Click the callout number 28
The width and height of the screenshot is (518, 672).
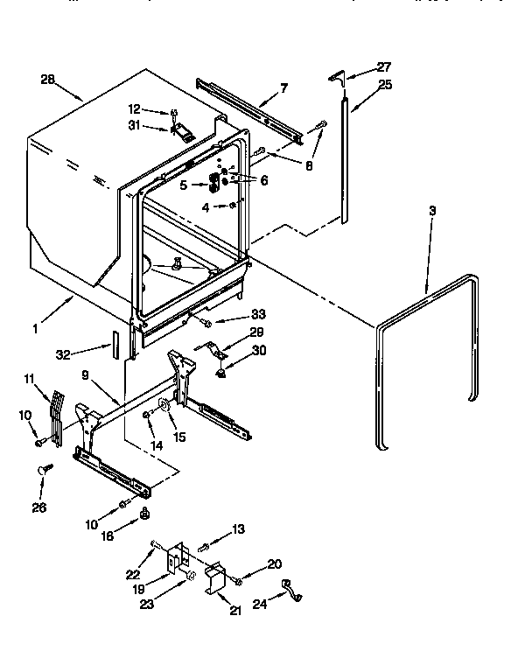click(x=47, y=80)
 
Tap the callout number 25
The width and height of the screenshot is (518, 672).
click(x=385, y=85)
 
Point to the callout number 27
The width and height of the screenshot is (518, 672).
click(x=383, y=66)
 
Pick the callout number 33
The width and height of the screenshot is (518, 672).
click(x=257, y=314)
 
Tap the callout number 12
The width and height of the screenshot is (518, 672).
click(x=134, y=110)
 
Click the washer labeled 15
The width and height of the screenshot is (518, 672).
click(x=164, y=405)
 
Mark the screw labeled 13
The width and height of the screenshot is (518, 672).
click(x=202, y=547)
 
